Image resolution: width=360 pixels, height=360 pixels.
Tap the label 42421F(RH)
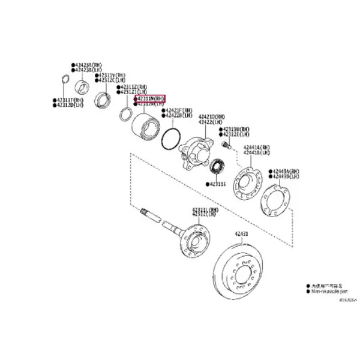(179, 110)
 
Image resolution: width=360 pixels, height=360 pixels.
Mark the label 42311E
(217, 184)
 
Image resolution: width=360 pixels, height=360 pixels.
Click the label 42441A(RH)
(257, 148)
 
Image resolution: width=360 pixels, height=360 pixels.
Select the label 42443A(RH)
(286, 172)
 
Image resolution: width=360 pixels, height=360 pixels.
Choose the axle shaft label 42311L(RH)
(205, 209)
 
